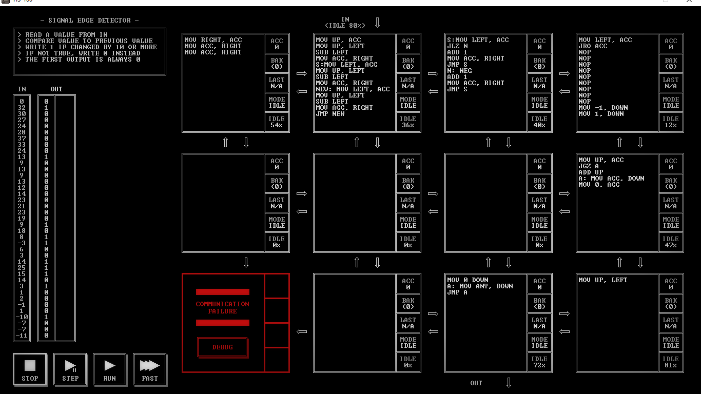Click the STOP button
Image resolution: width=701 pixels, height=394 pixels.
pos(30,369)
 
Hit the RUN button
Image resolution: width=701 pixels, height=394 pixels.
pos(109,369)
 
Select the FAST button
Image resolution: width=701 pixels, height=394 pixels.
pos(150,369)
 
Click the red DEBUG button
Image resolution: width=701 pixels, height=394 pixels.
pos(223,347)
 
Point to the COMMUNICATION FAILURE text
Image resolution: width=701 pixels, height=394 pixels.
pos(223,308)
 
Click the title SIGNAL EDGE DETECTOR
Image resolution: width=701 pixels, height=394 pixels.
pos(89,21)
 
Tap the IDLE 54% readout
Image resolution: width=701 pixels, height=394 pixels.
pos(277,122)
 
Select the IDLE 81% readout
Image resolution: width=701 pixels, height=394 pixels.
pos(671,362)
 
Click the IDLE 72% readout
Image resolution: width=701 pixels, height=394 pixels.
pos(539,362)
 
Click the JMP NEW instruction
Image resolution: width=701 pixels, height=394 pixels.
pos(330,114)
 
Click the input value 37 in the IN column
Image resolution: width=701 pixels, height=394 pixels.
pos(22,139)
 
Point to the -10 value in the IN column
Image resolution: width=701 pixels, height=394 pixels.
pos(22,317)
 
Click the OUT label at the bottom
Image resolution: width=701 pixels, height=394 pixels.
pos(476,383)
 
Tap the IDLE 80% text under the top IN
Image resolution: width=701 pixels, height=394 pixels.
pos(345,26)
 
